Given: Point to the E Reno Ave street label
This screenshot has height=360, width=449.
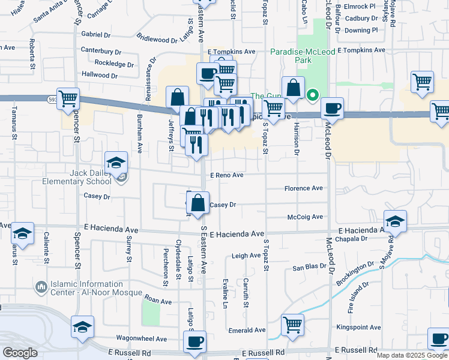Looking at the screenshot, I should point(226,175).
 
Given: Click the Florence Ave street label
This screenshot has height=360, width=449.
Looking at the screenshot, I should point(303,188).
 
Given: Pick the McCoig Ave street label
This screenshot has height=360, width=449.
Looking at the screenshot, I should point(306,217).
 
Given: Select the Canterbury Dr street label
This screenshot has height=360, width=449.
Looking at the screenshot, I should point(97,51).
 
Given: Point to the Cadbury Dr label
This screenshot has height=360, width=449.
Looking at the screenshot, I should point(361,19).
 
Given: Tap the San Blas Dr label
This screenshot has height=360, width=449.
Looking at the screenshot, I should point(308,268).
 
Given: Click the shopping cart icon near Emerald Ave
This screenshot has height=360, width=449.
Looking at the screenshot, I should point(292,324).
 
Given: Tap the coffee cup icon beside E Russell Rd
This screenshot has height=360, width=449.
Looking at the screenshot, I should point(194,341).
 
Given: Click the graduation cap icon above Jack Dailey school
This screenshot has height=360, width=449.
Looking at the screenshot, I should point(116,162).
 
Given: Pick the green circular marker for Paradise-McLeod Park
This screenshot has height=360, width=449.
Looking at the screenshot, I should point(312,95).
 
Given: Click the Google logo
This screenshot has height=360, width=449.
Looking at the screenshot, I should point(20,353).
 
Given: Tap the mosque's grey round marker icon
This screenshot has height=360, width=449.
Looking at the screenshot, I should point(41,288).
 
